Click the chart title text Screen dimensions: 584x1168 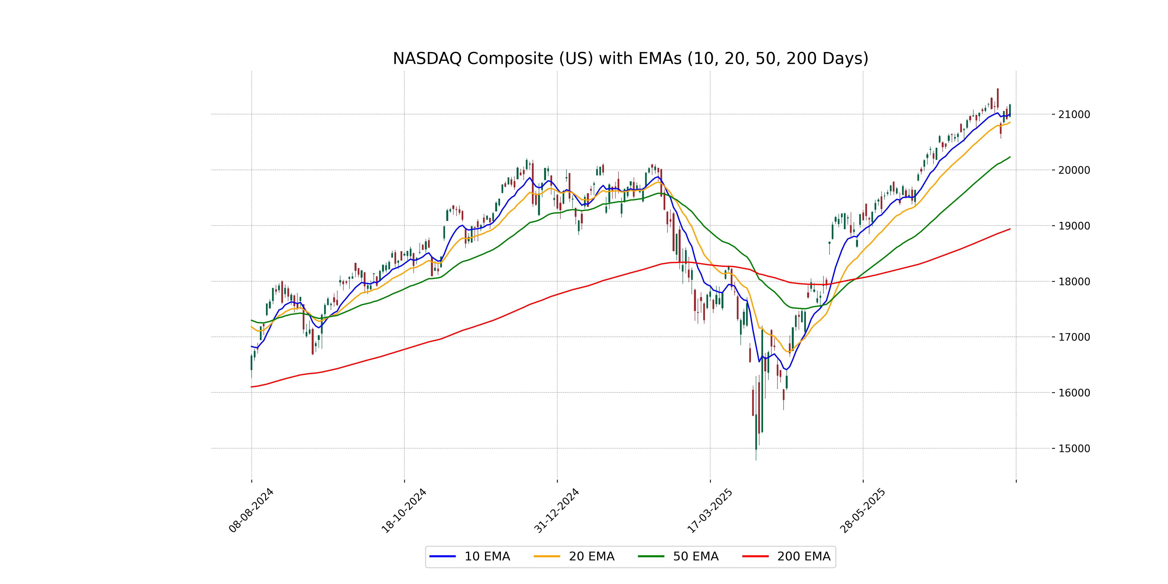[x=630, y=58]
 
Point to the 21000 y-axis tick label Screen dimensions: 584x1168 [x=1074, y=115]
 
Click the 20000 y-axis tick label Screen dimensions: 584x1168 [x=1074, y=171]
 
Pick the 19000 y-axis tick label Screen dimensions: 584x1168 [x=1074, y=226]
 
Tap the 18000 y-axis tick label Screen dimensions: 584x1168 [x=1074, y=282]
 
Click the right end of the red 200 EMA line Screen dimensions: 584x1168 [x=1010, y=229]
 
